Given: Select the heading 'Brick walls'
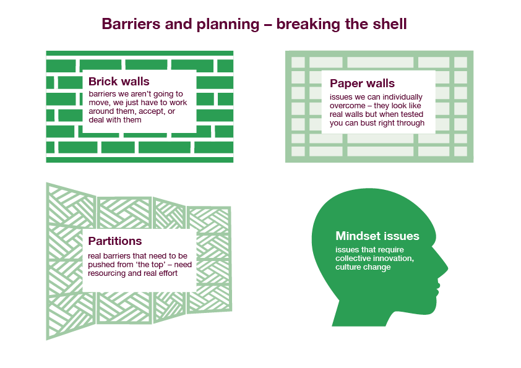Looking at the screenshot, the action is click(119, 82).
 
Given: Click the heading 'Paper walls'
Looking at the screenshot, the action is click(362, 83).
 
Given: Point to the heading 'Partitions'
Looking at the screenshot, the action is click(114, 241).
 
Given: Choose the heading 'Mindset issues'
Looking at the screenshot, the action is click(377, 236).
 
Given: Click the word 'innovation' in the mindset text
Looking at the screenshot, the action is click(394, 259).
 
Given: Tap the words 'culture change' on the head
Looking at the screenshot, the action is click(363, 267).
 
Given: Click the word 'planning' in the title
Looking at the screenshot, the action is click(228, 25).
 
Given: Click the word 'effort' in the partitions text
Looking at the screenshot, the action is click(167, 273).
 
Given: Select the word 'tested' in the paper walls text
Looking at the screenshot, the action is click(412, 114).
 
